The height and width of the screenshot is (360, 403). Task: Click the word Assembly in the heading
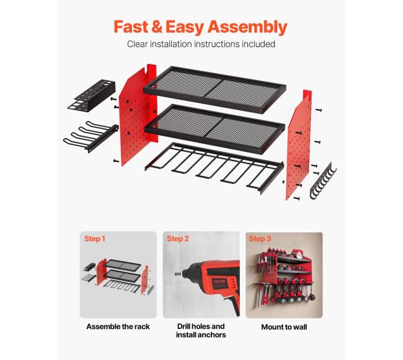pyautogui.click(x=247, y=27)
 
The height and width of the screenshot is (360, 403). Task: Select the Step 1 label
pyautogui.click(x=95, y=239)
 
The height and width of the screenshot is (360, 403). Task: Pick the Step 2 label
pyautogui.click(x=178, y=239)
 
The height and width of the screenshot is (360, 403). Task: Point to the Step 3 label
pyautogui.click(x=260, y=239)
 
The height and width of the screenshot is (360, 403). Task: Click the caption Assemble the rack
pyautogui.click(x=118, y=327)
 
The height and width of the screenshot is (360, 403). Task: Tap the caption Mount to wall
pyautogui.click(x=284, y=327)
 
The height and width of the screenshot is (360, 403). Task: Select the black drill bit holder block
pyautogui.click(x=92, y=95)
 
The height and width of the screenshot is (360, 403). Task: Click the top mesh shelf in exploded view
pyautogui.click(x=215, y=89)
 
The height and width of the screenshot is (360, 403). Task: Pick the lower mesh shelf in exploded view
pyautogui.click(x=215, y=128)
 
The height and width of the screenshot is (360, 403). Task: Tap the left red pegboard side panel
pyautogui.click(x=138, y=115)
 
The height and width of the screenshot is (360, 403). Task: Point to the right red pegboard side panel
pyautogui.click(x=299, y=145)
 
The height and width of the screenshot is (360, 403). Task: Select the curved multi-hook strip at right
pyautogui.click(x=323, y=181)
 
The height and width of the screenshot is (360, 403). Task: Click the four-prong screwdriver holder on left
pyautogui.click(x=91, y=136)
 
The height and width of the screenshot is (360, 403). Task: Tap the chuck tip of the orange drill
pyautogui.click(x=177, y=274)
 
